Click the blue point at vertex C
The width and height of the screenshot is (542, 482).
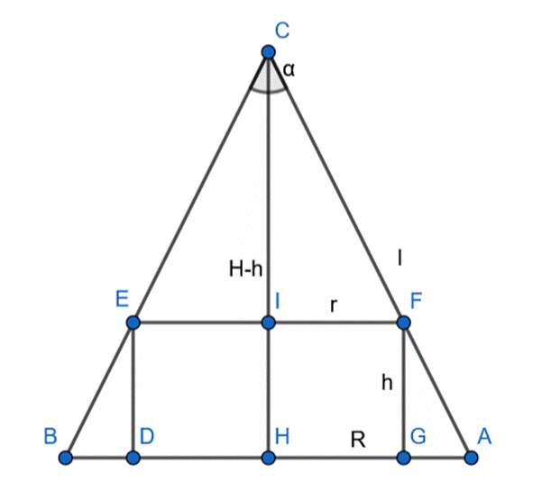pos(268,52)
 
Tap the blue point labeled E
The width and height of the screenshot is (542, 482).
pos(133,322)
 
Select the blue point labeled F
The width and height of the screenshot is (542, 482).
pos(403,322)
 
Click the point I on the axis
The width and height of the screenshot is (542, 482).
pos(268,322)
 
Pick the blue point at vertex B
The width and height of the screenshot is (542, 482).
pos(65,458)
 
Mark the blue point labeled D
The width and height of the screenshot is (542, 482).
pos(133,458)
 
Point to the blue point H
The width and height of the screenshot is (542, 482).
pos(268,458)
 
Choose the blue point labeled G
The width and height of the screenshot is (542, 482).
pos(403,458)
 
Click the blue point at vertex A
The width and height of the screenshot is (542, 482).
pos(470,458)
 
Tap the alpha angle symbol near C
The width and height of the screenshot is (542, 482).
pos(289,68)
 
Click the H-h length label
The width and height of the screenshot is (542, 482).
pos(246,268)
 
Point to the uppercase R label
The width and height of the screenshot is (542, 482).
pos(358,439)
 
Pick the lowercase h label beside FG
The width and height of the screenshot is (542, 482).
pos(387,382)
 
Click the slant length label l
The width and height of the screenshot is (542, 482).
pos(400,258)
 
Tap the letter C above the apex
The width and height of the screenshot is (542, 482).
pos(282,32)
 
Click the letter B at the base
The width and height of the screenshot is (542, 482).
pos(51,437)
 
